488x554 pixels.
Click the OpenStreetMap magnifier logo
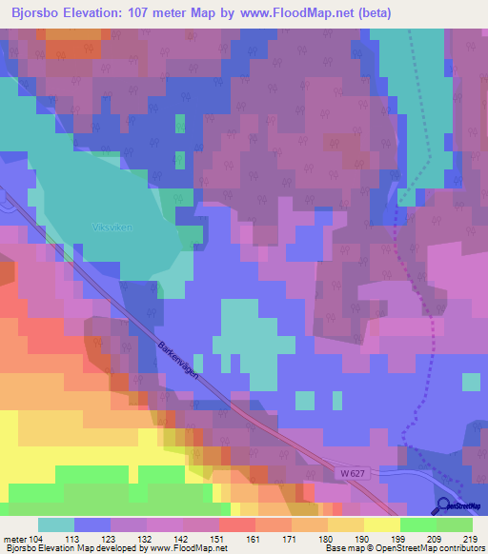coord(444,506)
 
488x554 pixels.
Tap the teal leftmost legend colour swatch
coord(55,524)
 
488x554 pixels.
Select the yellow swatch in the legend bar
coord(381,524)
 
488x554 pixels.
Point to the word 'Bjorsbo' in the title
coord(38,11)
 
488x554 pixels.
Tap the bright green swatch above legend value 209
coord(417,524)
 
